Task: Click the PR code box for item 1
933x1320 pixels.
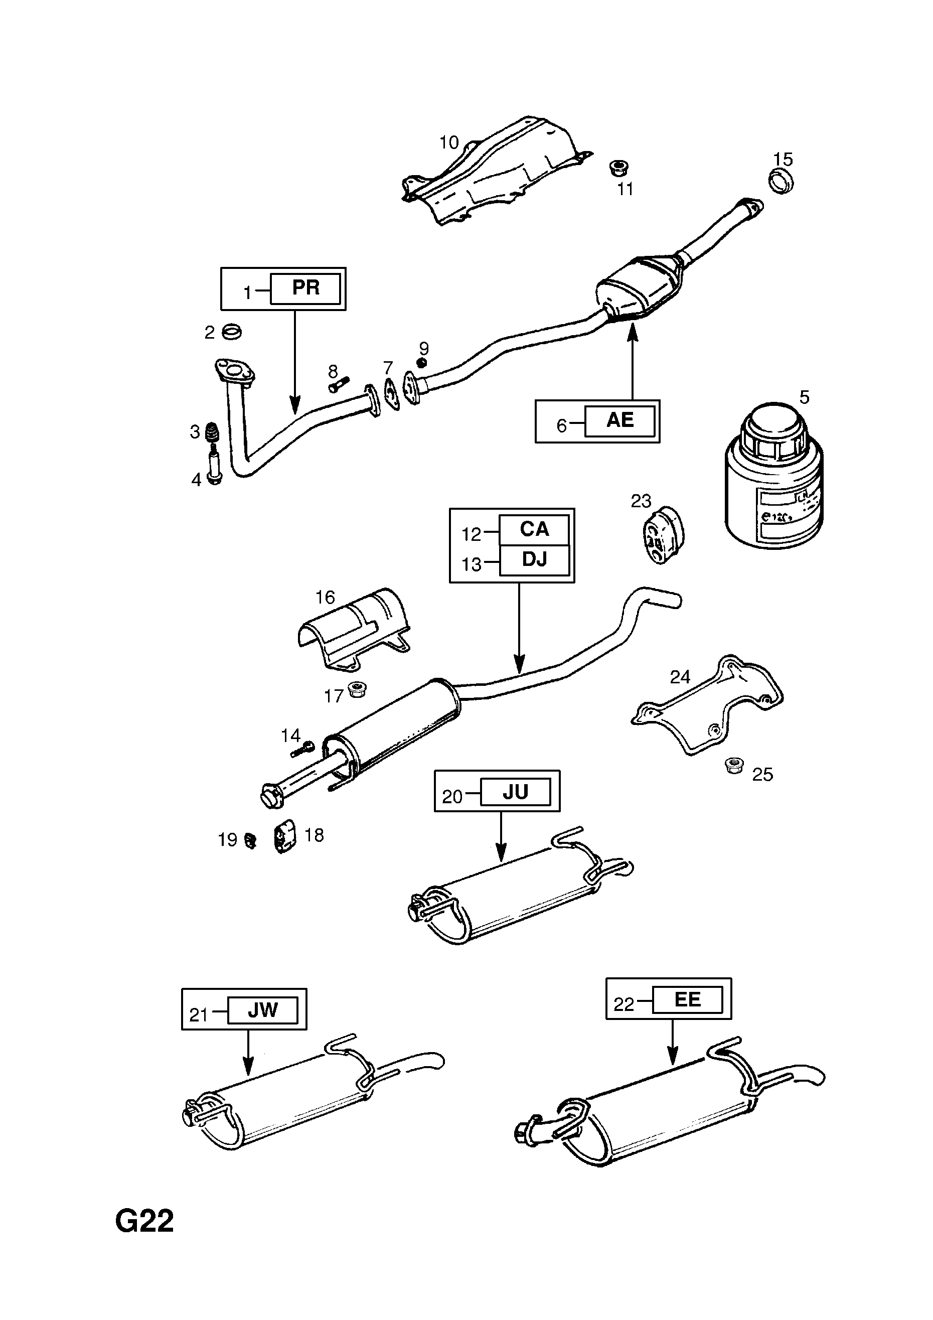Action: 305,288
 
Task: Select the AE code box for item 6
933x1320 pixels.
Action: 619,421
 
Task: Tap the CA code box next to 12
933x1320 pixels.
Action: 534,529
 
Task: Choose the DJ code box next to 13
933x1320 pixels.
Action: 534,559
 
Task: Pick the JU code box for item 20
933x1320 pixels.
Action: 515,793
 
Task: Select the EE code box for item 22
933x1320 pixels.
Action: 687,1000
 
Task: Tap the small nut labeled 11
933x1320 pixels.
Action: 618,168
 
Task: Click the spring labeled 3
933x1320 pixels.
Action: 213,432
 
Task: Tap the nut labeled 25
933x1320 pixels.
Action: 734,765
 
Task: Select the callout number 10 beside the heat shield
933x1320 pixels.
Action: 449,142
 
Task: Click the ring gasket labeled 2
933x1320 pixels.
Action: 232,332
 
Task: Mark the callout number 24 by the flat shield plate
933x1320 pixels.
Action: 680,677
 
